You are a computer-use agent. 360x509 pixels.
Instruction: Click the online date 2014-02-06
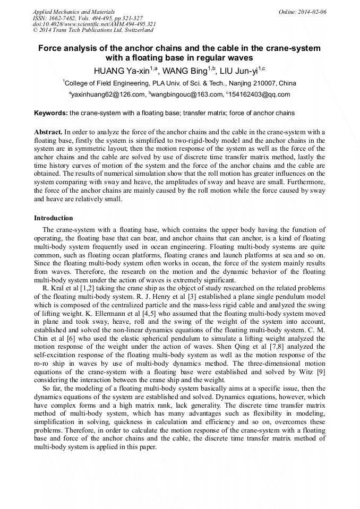(312, 12)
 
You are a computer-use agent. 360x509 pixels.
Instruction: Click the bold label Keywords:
(51, 113)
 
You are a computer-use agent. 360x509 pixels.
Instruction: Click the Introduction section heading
(54, 218)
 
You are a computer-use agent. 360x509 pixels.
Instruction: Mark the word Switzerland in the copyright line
(139, 30)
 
